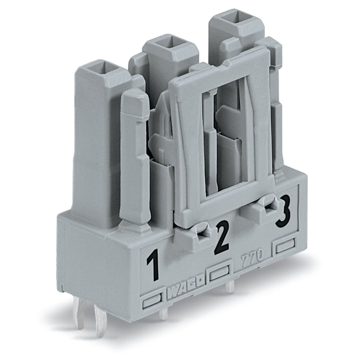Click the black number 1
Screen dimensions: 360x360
point(153,265)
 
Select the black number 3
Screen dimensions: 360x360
point(283,212)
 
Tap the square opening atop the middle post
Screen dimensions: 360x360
point(170,43)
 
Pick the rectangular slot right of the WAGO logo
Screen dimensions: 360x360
point(220,273)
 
